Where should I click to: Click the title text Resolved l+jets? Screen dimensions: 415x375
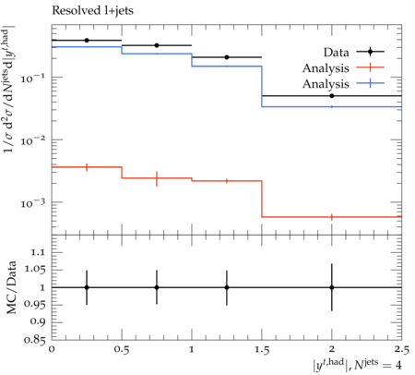92,11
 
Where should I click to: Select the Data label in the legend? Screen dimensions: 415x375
336,53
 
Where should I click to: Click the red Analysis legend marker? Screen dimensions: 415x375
370,67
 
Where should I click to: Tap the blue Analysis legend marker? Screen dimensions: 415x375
370,83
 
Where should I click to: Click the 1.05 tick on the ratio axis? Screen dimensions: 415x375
34,270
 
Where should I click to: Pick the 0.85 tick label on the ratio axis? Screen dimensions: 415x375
34,340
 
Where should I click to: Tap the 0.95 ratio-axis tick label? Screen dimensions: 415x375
34,305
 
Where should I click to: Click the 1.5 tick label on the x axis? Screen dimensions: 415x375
262,350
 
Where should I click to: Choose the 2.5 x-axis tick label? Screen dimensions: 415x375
401,350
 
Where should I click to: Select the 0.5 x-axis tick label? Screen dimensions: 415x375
122,350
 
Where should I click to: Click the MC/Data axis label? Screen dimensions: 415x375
11,287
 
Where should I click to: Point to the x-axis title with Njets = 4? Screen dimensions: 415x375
357,364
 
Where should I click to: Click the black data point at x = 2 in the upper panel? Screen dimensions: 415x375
332,96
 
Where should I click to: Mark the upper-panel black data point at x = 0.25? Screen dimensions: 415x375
87,41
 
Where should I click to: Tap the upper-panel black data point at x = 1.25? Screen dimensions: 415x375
227,57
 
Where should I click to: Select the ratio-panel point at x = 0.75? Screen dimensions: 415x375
157,287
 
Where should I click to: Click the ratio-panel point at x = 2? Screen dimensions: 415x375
332,287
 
